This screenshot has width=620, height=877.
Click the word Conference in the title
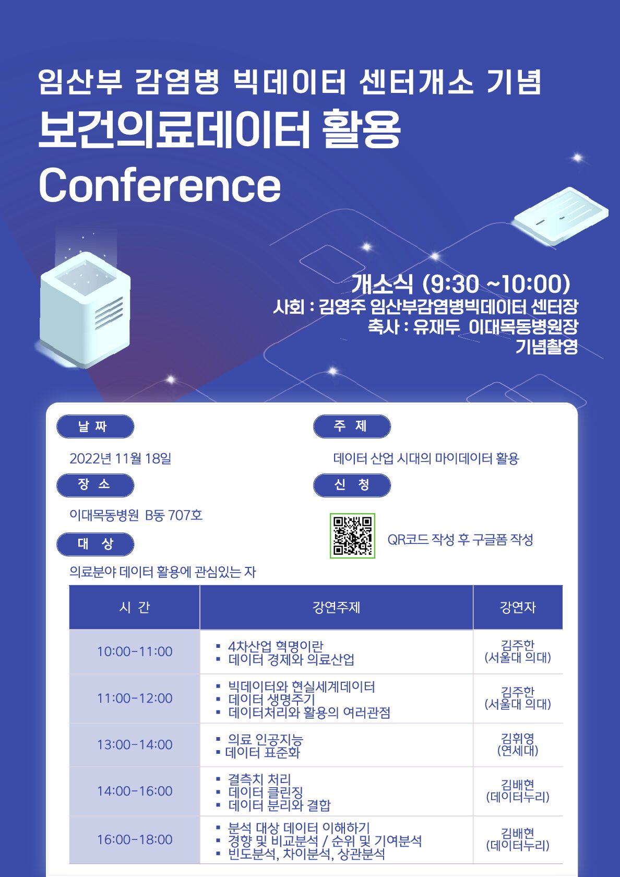(160, 185)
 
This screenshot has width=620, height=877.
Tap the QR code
(352, 536)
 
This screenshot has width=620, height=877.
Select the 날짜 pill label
(95, 426)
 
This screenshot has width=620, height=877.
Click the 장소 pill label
(95, 485)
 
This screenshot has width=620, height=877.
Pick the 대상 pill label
(95, 544)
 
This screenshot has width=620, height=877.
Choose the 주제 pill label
(352, 426)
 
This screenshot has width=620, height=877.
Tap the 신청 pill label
(352, 485)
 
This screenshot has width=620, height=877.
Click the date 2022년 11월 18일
(120, 458)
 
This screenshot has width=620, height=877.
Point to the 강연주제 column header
(336, 607)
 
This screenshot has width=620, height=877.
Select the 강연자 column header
(518, 607)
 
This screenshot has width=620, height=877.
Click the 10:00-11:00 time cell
(135, 651)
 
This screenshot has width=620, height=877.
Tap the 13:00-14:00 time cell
(135, 744)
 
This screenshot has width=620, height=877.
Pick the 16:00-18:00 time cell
(135, 839)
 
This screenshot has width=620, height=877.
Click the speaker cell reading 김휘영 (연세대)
(518, 744)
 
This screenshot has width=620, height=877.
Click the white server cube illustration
(85, 309)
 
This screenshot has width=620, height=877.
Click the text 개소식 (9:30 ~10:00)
(461, 283)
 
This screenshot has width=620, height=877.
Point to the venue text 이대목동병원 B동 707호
(136, 515)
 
